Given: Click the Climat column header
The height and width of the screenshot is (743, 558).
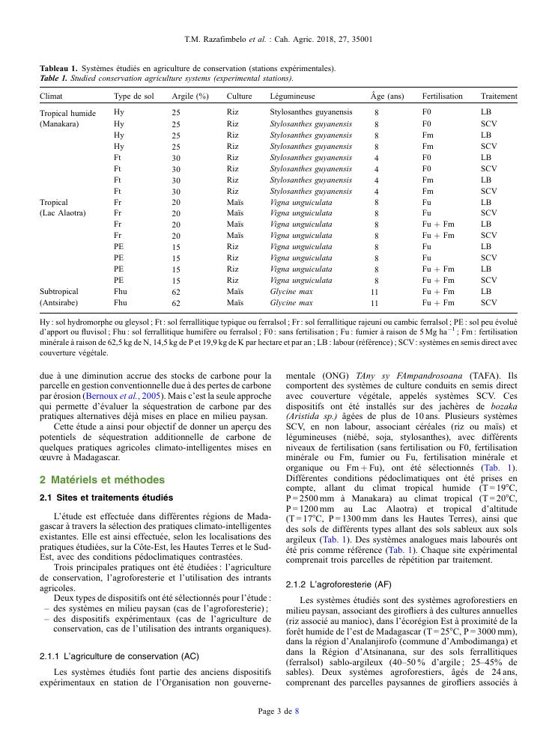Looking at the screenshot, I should tap(51, 97).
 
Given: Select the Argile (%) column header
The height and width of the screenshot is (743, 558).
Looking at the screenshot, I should tap(190, 97).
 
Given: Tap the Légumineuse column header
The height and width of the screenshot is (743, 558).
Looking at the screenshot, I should tap(292, 97).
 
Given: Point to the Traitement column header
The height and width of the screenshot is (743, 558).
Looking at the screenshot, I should tap(499, 97).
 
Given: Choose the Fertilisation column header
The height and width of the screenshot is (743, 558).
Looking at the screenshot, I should tap(443, 97).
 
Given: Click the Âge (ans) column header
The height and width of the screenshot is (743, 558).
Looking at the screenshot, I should tap(386, 97).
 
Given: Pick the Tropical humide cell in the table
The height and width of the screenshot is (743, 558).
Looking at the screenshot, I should tap(68, 113).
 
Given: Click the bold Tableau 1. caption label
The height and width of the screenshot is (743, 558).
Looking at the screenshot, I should tap(58, 69).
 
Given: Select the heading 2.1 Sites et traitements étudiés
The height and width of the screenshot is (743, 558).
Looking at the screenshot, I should tap(106, 498).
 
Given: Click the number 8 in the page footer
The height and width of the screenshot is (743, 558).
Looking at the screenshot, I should tap(297, 711).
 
